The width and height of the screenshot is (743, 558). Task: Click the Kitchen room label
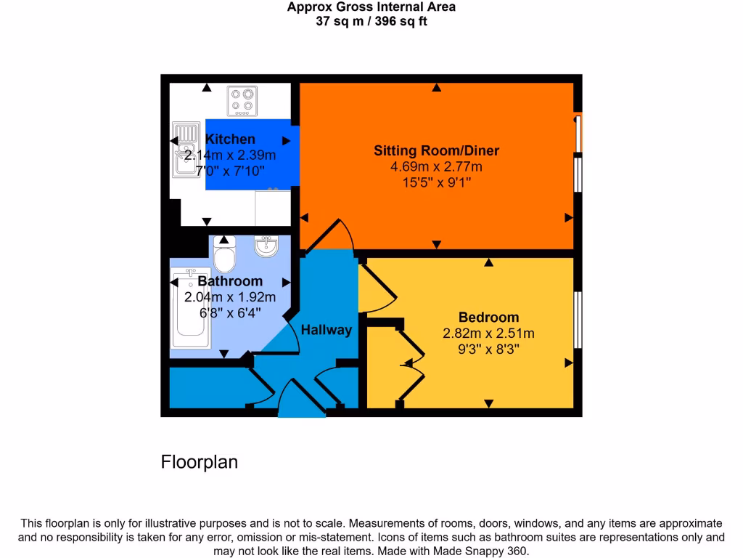coord(230,139)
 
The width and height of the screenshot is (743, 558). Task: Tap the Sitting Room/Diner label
coord(436,151)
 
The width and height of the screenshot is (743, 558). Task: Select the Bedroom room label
coord(488,317)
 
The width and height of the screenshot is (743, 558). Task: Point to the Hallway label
coord(327,330)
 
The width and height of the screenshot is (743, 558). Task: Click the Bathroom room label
coord(230,281)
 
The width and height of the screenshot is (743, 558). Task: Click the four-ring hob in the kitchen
coord(242,102)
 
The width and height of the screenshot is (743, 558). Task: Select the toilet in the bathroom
coord(225,256)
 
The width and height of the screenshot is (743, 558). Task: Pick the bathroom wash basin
coord(266,248)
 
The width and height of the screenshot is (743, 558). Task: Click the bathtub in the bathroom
coord(191,309)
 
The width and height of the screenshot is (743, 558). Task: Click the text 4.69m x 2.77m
coord(436,167)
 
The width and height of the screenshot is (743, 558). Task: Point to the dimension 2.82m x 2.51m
coord(488,333)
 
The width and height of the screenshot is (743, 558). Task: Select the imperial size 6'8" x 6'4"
coord(230,313)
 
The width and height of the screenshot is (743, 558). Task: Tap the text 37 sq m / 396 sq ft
coord(371,21)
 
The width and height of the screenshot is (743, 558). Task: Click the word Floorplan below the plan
coord(199,462)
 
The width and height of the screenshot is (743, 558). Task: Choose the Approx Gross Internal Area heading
coord(371,7)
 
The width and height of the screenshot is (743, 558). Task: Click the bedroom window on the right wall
coord(578,320)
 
